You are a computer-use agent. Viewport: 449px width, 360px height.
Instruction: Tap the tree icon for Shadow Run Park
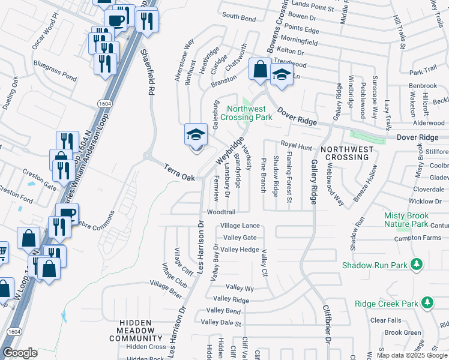(415, 265)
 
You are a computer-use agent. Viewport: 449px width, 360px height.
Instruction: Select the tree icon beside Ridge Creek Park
(427, 304)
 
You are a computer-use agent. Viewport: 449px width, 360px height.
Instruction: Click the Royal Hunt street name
(297, 145)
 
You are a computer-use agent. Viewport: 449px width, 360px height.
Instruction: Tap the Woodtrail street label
(220, 212)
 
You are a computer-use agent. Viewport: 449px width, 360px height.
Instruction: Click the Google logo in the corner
(20, 353)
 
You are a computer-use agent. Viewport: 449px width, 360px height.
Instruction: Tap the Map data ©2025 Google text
(411, 355)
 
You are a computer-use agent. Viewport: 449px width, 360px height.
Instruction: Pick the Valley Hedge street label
(240, 250)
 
